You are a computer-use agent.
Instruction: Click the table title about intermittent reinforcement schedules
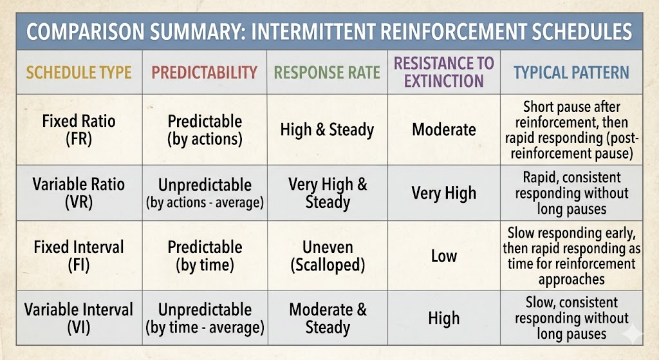pyautogui.click(x=329, y=32)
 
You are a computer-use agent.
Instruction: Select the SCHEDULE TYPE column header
pyautogui.click(x=79, y=73)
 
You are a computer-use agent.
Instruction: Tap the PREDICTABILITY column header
pyautogui.click(x=204, y=73)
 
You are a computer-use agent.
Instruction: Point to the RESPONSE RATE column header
pyautogui.click(x=327, y=73)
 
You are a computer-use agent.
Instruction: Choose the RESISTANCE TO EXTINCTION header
pyautogui.click(x=444, y=72)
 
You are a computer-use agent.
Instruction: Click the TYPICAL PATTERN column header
pyautogui.click(x=571, y=73)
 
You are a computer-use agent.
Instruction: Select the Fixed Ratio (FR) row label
pyautogui.click(x=79, y=129)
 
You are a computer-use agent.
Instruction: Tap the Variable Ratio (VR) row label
pyautogui.click(x=79, y=193)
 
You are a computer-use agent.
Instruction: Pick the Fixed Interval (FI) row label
pyautogui.click(x=79, y=256)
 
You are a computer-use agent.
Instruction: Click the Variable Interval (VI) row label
pyautogui.click(x=79, y=318)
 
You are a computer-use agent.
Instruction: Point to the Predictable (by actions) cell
pyautogui.click(x=205, y=130)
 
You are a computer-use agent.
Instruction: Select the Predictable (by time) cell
pyautogui.click(x=205, y=256)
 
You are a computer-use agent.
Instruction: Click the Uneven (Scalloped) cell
pyautogui.click(x=328, y=256)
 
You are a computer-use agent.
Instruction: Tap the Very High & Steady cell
pyautogui.click(x=328, y=193)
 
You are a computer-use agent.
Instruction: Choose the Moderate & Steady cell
pyautogui.click(x=328, y=318)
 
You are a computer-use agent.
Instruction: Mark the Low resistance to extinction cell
pyautogui.click(x=444, y=256)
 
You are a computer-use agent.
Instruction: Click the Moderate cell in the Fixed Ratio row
pyautogui.click(x=444, y=129)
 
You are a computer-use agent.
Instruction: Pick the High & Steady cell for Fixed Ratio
pyautogui.click(x=327, y=129)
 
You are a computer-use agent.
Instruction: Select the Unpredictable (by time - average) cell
pyautogui.click(x=205, y=318)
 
